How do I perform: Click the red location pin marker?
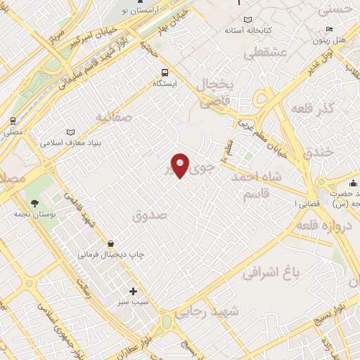[181, 165]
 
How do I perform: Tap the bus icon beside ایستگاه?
[165, 72]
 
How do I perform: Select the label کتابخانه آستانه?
[248, 31]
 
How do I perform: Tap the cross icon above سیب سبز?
[134, 290]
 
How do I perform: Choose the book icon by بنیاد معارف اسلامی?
[70, 131]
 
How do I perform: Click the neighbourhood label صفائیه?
[114, 117]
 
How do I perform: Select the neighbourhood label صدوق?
[150, 217]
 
